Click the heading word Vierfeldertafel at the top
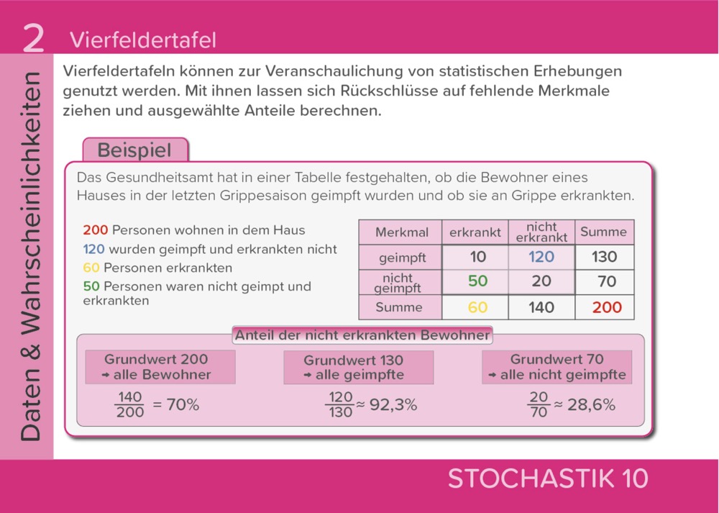click(142, 40)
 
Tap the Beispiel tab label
click(134, 150)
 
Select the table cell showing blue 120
click(541, 257)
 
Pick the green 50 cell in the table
click(477, 281)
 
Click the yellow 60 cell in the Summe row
click(477, 307)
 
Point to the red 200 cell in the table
click(607, 307)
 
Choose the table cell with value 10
click(477, 257)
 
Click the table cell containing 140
click(541, 307)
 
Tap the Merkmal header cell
click(401, 232)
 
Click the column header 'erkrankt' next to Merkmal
click(475, 232)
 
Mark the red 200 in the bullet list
click(95, 230)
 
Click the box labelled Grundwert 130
click(358, 367)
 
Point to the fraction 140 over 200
click(129, 405)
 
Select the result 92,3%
click(393, 405)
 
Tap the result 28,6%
click(591, 405)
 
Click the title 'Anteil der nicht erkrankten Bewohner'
click(362, 335)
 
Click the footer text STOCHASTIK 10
click(548, 478)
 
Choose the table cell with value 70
click(607, 281)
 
